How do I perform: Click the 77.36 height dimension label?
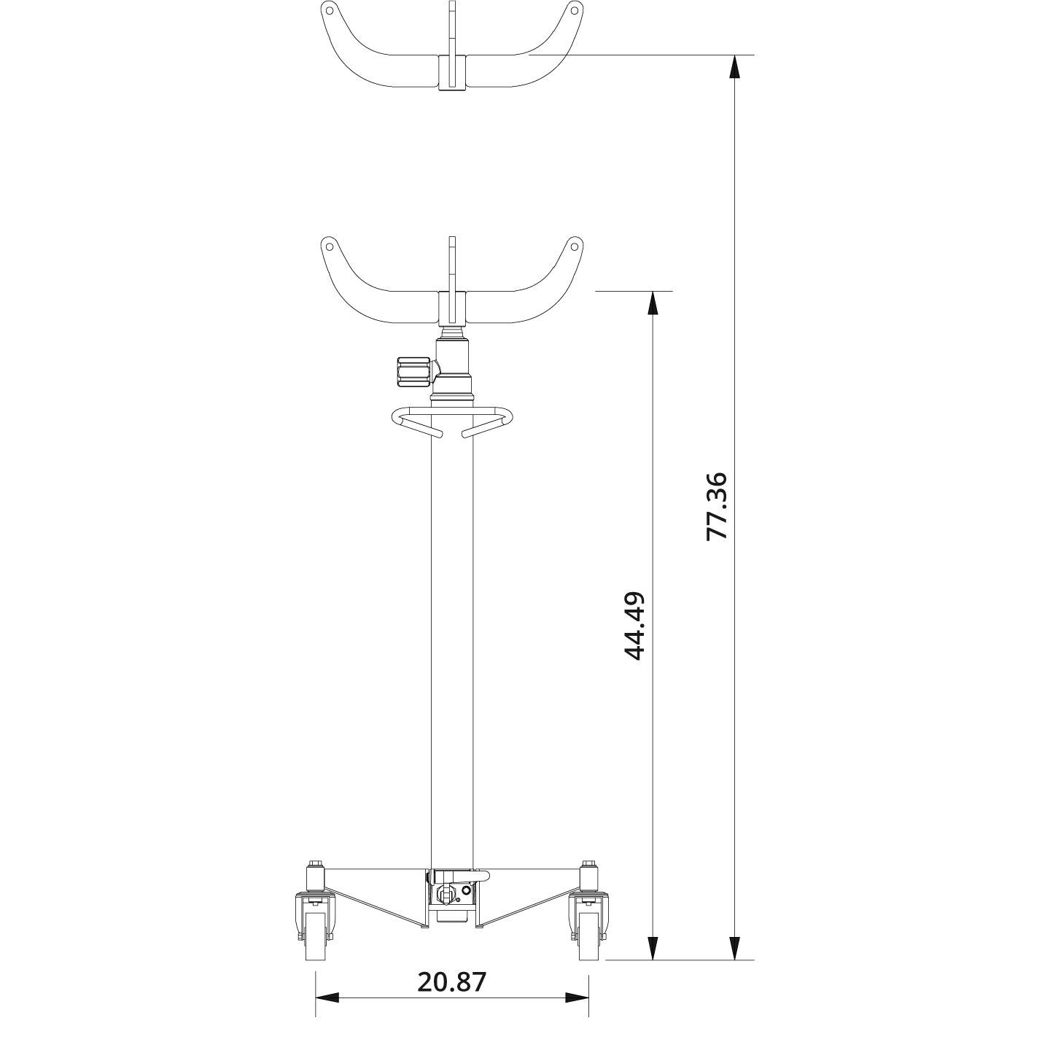tap(717, 506)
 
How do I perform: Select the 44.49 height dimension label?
tap(635, 626)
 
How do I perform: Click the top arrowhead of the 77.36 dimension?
tap(734, 66)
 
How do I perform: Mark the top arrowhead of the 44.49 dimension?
tap(653, 303)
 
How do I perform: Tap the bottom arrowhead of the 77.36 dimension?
tap(734, 948)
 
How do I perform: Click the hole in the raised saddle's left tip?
tap(329, 10)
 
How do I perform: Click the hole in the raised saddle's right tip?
tap(575, 10)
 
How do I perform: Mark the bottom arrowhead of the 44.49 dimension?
tap(653, 948)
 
